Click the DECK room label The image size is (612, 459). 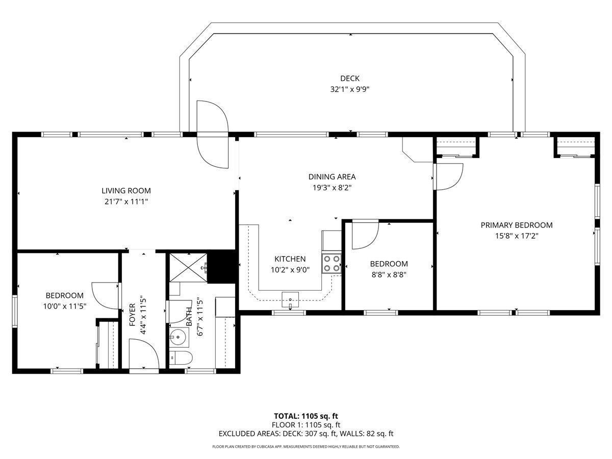click(350, 79)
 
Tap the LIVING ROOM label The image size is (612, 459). click(126, 191)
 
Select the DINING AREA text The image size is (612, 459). click(332, 176)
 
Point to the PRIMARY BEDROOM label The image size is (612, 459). click(516, 225)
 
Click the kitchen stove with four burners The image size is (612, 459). click(331, 263)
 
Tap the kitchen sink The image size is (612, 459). click(290, 299)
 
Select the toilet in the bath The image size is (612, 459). click(181, 358)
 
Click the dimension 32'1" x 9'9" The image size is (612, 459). click(350, 89)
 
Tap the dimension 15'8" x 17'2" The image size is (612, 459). click(516, 236)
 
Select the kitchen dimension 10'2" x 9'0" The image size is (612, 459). click(290, 270)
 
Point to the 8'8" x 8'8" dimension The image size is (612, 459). click(389, 275)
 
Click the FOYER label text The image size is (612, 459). click(133, 315)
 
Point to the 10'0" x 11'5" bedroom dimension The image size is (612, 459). click(64, 307)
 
